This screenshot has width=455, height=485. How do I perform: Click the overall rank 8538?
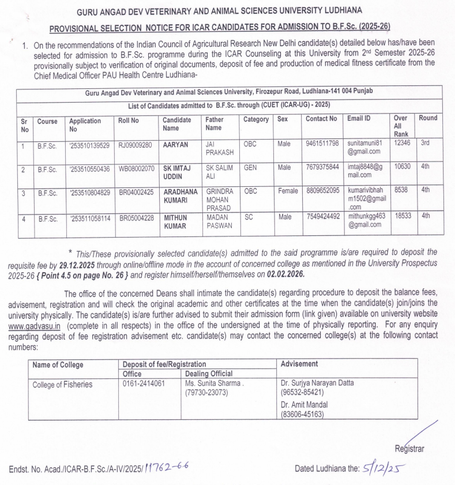tap(400, 193)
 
